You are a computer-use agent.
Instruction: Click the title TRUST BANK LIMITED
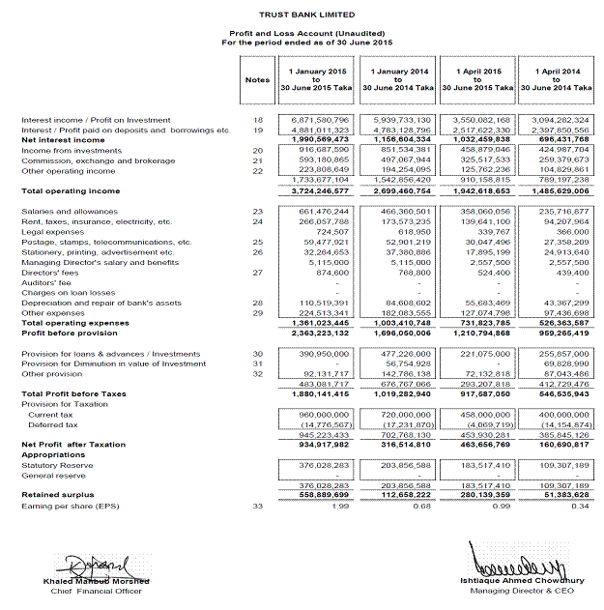tap(306, 15)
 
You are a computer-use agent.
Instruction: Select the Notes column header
tap(257, 80)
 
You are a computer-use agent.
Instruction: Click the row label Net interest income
tap(63, 140)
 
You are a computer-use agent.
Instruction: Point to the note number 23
tap(257, 211)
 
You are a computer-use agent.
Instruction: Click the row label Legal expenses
tap(52, 231)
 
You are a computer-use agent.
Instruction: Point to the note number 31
tap(257, 363)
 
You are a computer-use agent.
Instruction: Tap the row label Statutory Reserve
tap(57, 465)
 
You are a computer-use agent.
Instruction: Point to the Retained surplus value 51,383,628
tap(566, 495)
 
